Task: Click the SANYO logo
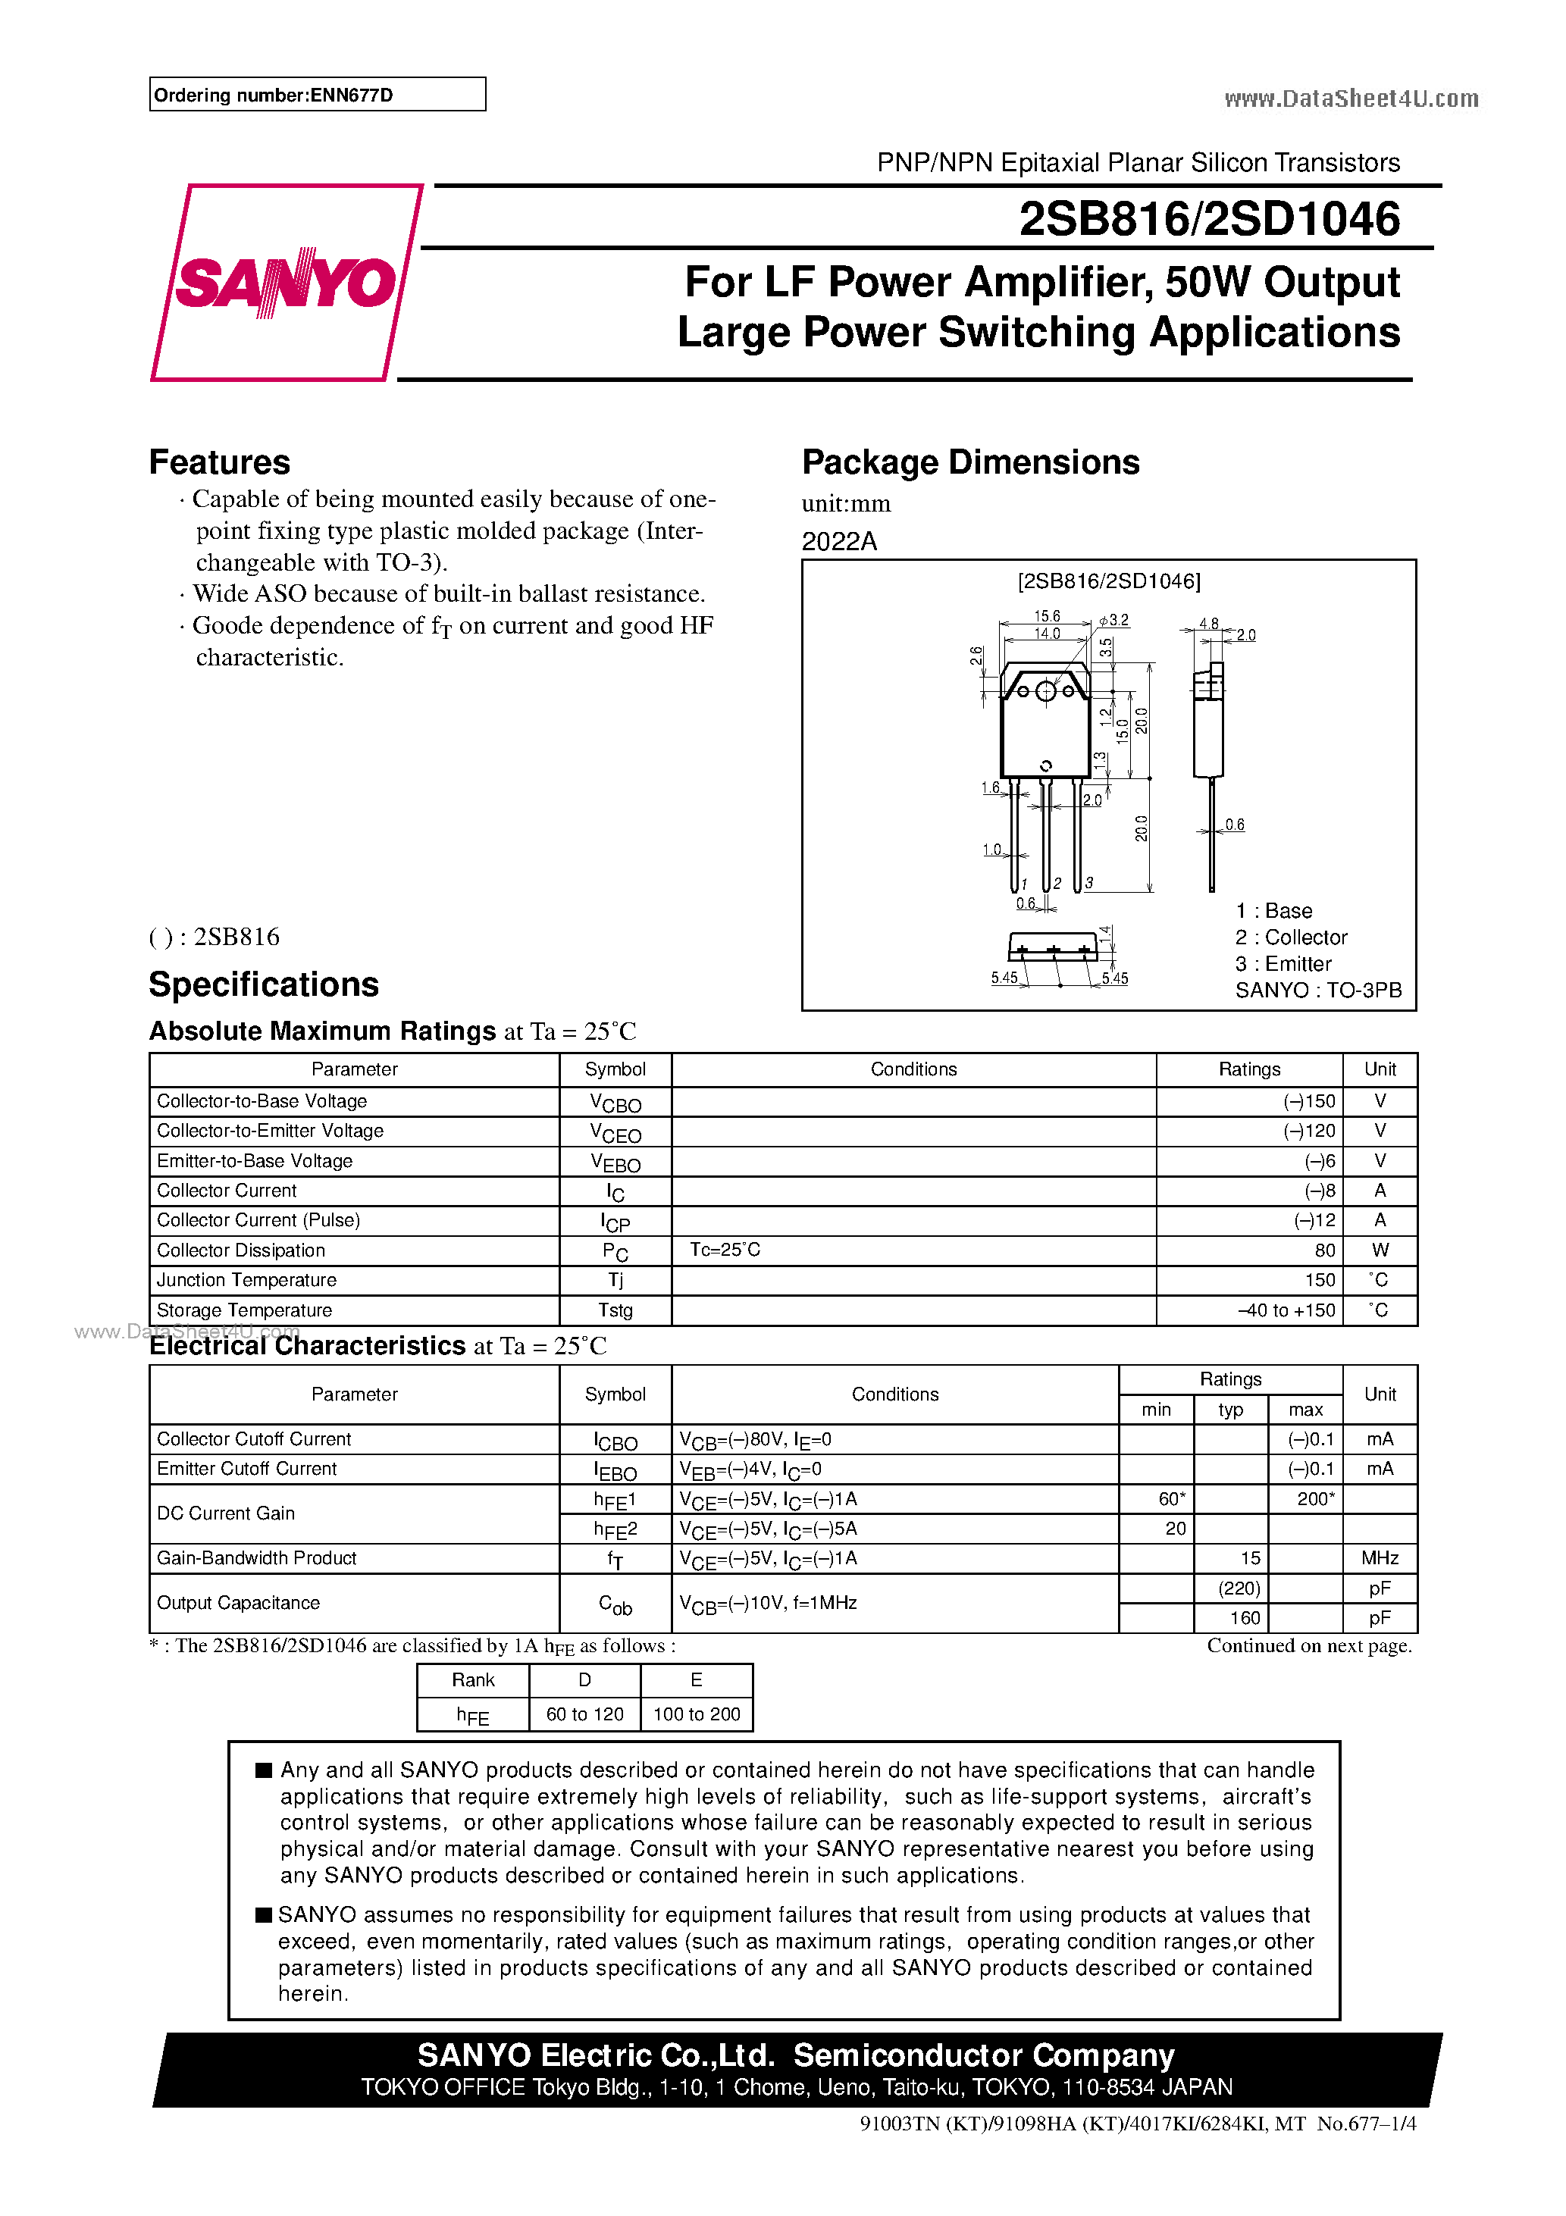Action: tap(286, 283)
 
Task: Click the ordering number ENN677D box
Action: tap(317, 95)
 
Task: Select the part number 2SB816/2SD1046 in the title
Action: tap(1209, 219)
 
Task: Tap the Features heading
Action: tap(219, 462)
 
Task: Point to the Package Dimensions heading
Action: tap(970, 462)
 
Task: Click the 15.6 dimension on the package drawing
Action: tap(1047, 616)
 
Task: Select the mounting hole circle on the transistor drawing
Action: tap(1045, 691)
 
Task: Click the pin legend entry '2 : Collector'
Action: tap(1291, 937)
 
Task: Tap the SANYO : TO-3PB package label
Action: tap(1318, 991)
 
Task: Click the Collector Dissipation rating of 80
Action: tap(1325, 1250)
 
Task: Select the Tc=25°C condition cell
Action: tap(725, 1250)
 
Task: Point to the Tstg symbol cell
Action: tap(615, 1310)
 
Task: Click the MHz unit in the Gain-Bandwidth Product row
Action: tap(1380, 1559)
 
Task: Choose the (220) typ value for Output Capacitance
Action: tap(1239, 1588)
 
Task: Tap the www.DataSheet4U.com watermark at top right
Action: tap(1351, 99)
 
